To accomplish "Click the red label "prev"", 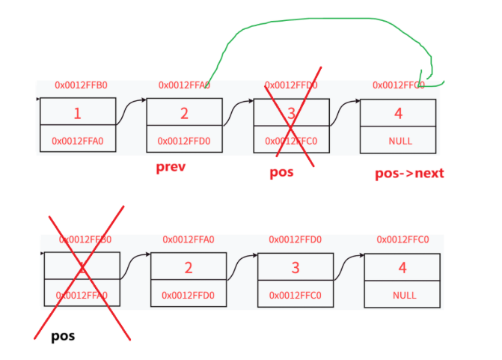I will click(x=170, y=167).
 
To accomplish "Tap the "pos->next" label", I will click(x=408, y=174).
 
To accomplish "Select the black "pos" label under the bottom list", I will click(x=63, y=336).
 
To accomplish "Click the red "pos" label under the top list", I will click(x=283, y=173).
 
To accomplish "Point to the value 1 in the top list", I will click(x=77, y=114).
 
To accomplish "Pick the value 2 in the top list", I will click(x=184, y=114).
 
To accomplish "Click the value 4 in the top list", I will click(x=398, y=114).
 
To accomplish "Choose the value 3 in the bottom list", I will click(x=296, y=267).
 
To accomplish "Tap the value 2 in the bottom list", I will click(x=188, y=267).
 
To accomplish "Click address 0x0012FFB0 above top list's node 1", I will click(x=81, y=85).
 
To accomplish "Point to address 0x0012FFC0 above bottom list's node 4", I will click(x=402, y=240).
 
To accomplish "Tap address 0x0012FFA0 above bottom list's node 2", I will click(x=189, y=240).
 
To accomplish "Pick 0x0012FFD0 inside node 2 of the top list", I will click(x=184, y=141).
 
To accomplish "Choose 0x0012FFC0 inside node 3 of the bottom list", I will click(x=296, y=295).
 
